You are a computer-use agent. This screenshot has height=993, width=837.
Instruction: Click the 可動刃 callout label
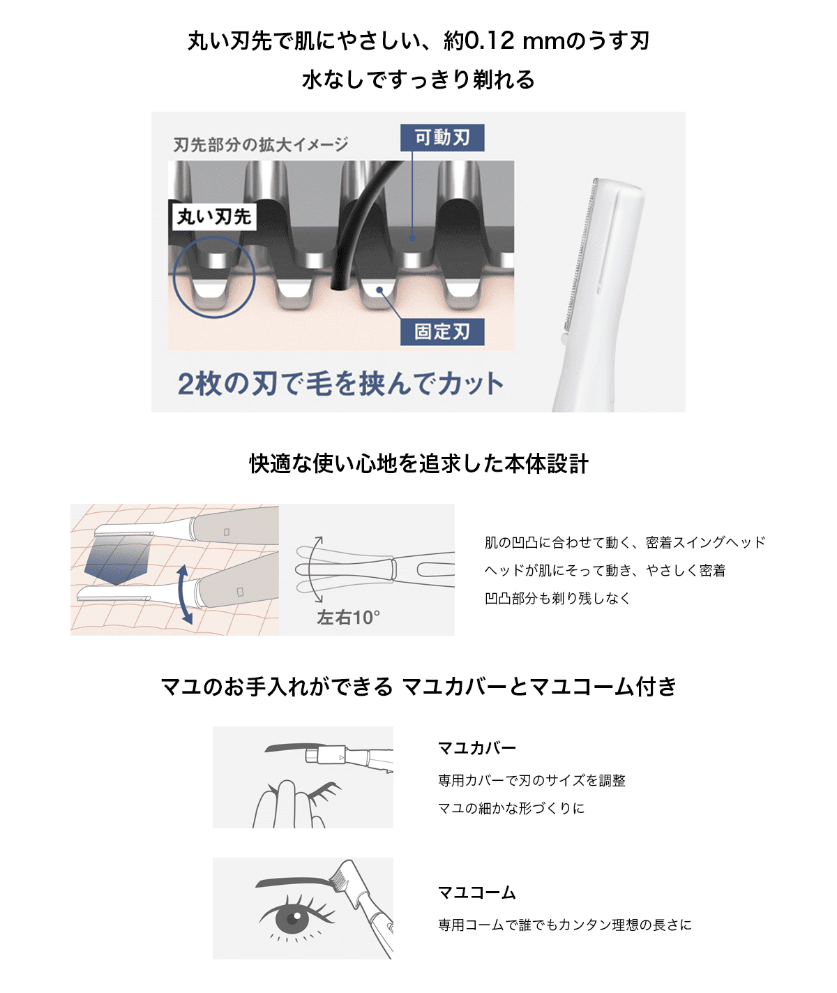[442, 137]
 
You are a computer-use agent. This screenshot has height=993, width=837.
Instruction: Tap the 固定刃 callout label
[442, 331]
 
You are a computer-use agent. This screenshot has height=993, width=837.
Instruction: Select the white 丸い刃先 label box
[214, 217]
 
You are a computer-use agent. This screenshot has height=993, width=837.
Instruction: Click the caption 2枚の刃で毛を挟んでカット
[340, 384]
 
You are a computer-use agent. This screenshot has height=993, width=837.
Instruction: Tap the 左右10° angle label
[348, 618]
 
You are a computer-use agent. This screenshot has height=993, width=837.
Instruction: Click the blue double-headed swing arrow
[184, 595]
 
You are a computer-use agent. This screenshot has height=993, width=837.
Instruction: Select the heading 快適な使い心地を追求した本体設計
[418, 463]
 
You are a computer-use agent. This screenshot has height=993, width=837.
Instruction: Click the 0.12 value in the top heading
[489, 41]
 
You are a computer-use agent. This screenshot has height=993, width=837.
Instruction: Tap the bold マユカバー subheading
[476, 748]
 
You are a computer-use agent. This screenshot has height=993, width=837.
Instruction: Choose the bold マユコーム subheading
[476, 893]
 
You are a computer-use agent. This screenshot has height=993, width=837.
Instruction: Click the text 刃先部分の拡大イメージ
[261, 144]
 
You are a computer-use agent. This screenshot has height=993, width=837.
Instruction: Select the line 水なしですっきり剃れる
[418, 80]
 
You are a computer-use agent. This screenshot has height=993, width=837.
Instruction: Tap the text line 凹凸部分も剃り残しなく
[557, 598]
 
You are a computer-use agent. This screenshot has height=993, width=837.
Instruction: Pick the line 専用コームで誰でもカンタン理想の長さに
[565, 925]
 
